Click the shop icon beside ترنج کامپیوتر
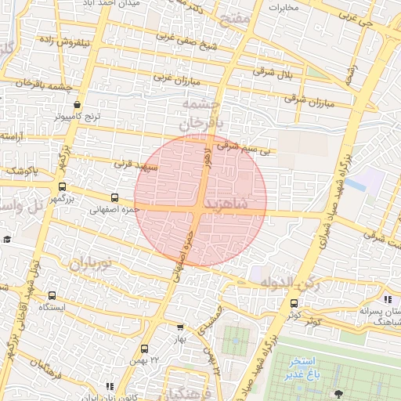[x=76, y=105]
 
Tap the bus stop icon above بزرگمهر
[x=62, y=186]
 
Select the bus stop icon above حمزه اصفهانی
[x=115, y=198]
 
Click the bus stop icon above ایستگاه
[x=52, y=295]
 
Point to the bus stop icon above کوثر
[x=294, y=303]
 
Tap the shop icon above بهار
[x=181, y=327]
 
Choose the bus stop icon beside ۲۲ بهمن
[x=143, y=349]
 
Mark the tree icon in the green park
[x=338, y=393]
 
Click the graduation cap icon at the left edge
[x=6, y=239]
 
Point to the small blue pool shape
[x=357, y=186]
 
